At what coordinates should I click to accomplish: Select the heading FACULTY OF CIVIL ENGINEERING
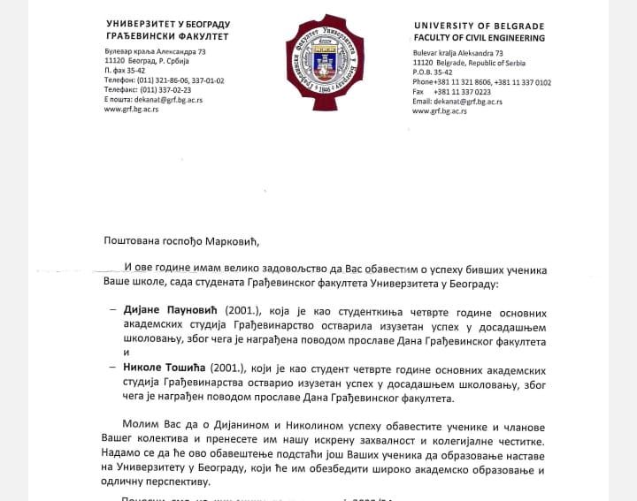[x=479, y=39]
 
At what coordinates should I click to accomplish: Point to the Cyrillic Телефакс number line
[x=148, y=90]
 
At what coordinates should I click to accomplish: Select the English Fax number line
[x=452, y=92]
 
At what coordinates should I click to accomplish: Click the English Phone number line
[x=481, y=82]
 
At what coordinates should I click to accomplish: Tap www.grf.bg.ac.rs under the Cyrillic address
[x=131, y=110]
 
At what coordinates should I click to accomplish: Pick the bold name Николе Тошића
[x=173, y=369]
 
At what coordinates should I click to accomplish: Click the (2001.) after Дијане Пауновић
[x=243, y=314]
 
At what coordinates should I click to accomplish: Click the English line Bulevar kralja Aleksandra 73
[x=457, y=54]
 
